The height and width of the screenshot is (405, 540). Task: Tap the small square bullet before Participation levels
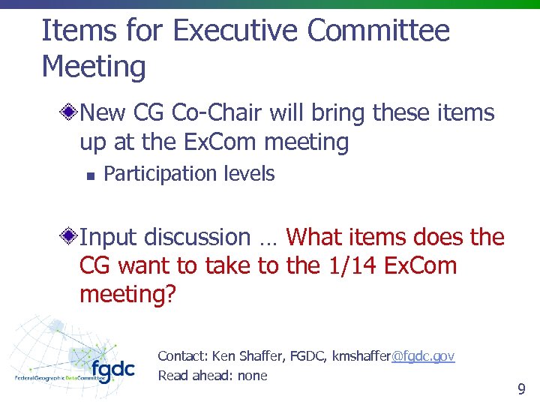point(88,175)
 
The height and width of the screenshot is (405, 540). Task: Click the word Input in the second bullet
point(109,238)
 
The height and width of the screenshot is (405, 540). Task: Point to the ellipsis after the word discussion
point(268,238)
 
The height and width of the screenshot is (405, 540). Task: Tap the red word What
point(314,238)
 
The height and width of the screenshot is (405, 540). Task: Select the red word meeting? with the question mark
point(127,295)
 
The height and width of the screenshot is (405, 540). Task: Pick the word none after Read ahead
point(252,376)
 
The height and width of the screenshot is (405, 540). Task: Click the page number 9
point(521,389)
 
